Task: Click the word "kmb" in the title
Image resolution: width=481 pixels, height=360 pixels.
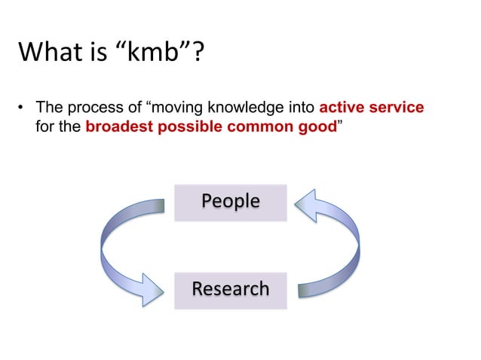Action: [x=161, y=53]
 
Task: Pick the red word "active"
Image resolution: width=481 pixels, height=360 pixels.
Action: [x=345, y=108]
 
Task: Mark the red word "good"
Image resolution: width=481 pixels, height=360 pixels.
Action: [x=313, y=126]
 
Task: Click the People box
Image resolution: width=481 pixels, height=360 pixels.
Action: [x=230, y=202]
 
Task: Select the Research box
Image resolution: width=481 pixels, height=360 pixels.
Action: [x=230, y=289]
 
